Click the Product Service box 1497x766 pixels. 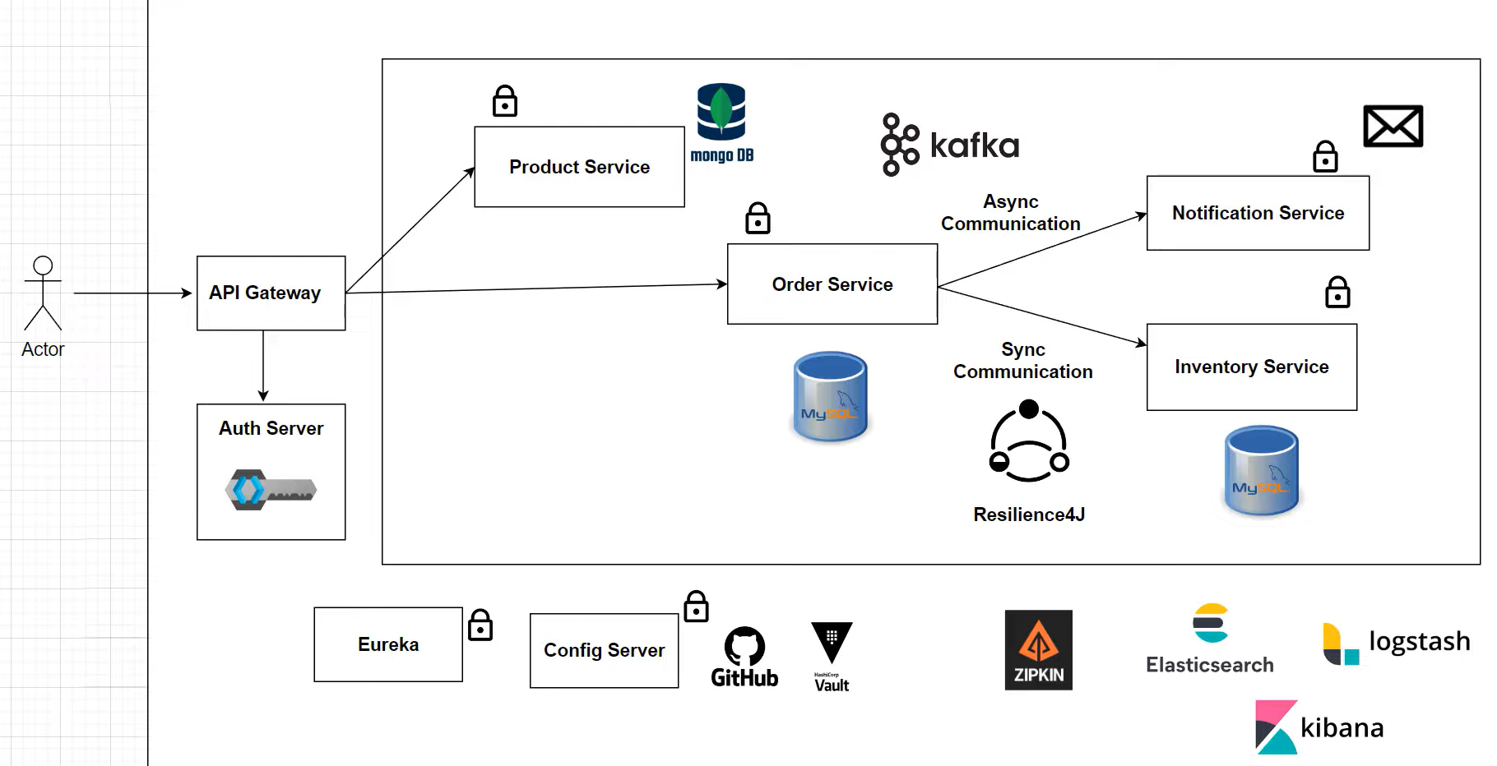[579, 167]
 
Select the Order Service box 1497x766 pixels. [832, 284]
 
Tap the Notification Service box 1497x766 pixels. [1257, 213]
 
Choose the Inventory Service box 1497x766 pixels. [1251, 367]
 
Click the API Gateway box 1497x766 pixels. [271, 293]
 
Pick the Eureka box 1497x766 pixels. [387, 644]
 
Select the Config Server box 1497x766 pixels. [604, 650]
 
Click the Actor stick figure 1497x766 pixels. [43, 293]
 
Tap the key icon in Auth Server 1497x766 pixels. [270, 490]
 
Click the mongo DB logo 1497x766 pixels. [721, 122]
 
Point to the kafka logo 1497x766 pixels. [949, 145]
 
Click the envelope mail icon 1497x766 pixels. [1393, 126]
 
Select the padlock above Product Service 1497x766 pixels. [504, 101]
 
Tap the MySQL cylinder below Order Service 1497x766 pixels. [830, 397]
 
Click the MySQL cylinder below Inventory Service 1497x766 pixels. [1261, 471]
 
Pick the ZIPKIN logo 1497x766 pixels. [1038, 650]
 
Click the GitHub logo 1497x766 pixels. [744, 657]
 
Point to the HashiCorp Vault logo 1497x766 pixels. [832, 657]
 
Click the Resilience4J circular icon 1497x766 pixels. [1028, 441]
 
